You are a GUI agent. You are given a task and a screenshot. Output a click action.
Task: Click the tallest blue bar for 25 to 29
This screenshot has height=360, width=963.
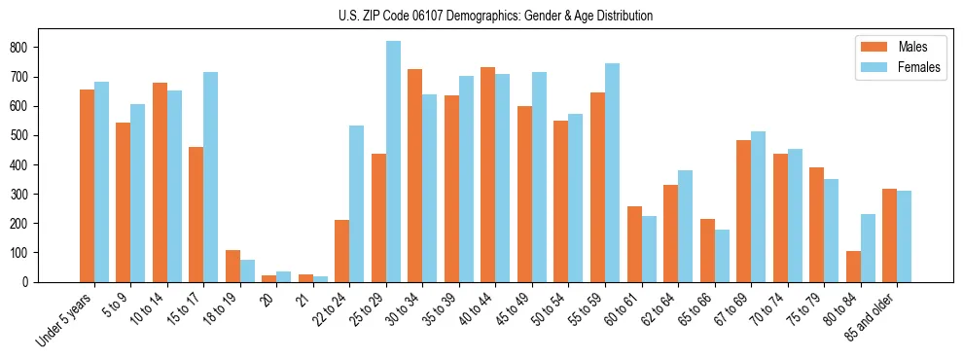(x=393, y=162)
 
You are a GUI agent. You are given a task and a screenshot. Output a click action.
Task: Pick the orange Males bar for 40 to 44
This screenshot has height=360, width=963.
(x=487, y=175)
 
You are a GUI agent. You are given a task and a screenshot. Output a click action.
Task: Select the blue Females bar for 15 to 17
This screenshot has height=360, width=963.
(x=210, y=177)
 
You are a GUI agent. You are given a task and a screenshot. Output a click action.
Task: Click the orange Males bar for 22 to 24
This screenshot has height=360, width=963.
(x=341, y=251)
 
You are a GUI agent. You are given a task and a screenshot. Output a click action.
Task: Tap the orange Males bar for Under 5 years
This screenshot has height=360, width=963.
(x=87, y=186)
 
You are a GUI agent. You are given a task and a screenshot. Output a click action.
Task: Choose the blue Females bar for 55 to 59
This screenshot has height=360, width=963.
(x=612, y=173)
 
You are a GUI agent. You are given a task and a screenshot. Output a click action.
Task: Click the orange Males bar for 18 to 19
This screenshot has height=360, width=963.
(x=123, y=267)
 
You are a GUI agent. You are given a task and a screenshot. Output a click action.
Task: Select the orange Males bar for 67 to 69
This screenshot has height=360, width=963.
(x=743, y=211)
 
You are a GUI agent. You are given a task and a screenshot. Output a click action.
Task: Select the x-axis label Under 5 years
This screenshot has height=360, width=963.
(x=65, y=319)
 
